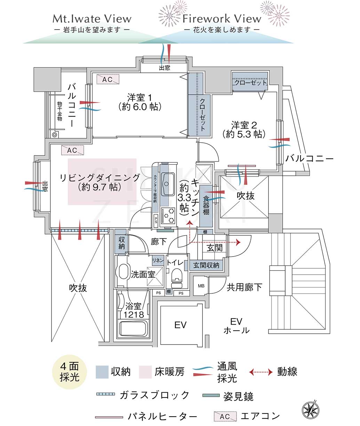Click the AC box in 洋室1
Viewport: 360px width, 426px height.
(107, 79)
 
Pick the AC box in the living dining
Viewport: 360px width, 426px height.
(72, 150)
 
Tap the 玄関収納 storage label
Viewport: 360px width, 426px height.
(206, 265)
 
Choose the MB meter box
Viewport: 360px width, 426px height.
(201, 286)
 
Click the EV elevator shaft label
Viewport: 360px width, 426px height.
(180, 325)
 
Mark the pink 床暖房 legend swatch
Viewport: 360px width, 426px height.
(145, 372)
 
